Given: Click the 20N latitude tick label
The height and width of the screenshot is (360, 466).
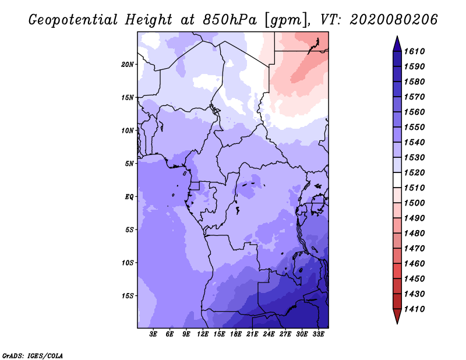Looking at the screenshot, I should (x=128, y=64).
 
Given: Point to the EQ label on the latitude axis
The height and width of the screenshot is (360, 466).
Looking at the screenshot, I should (x=129, y=196).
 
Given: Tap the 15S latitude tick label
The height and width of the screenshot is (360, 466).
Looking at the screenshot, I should (x=128, y=295).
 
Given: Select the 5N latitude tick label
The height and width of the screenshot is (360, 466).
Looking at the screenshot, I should (x=129, y=163).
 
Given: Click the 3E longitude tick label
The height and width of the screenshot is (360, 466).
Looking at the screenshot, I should (x=154, y=334).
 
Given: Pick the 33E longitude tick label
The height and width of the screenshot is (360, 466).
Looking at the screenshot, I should (x=318, y=334).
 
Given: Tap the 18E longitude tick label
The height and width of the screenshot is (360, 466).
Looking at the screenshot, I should (x=236, y=334).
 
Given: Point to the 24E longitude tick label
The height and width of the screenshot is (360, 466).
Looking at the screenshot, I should (x=269, y=334).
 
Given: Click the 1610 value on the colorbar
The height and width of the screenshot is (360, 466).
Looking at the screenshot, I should (x=416, y=51).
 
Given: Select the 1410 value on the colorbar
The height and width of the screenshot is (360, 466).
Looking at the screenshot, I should (x=416, y=309).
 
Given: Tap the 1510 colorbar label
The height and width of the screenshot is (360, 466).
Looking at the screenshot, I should (x=416, y=188).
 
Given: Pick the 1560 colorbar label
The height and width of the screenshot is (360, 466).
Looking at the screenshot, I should (x=416, y=112).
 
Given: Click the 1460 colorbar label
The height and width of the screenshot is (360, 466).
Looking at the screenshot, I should (x=416, y=263).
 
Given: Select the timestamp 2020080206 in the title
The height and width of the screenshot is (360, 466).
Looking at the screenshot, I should (x=394, y=20).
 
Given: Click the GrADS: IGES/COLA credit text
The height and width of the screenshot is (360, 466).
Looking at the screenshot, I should (x=33, y=355).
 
